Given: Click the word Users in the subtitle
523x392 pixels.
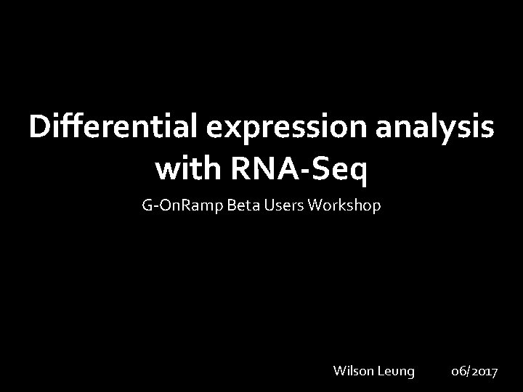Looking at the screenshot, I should (x=280, y=206).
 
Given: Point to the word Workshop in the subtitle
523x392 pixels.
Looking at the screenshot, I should (x=344, y=207).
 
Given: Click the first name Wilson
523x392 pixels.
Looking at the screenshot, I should (x=353, y=371).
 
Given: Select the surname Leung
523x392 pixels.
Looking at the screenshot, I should (x=396, y=372).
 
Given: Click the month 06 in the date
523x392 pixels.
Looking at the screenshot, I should (x=458, y=372).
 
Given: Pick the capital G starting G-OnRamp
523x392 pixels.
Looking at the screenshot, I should (x=147, y=206).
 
